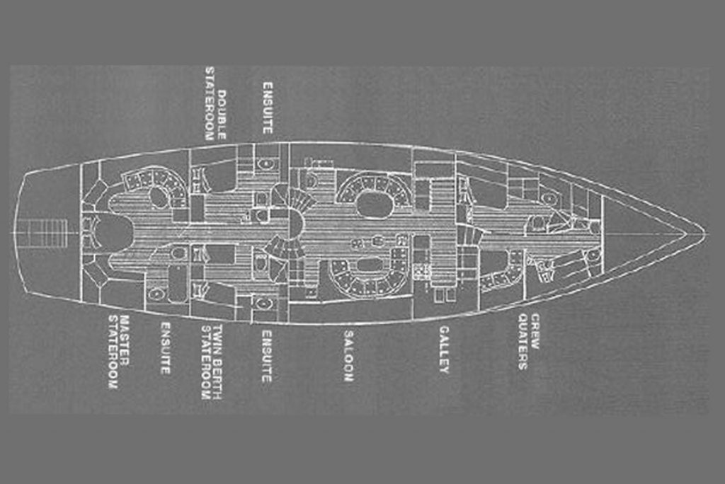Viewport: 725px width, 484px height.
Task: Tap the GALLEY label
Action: [x=444, y=350]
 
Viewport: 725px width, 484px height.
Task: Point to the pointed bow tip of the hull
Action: [x=704, y=230]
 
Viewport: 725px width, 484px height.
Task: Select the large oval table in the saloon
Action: [x=374, y=205]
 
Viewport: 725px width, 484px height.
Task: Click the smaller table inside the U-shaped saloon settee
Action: [x=370, y=265]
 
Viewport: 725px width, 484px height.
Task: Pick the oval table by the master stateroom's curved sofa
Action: [x=159, y=197]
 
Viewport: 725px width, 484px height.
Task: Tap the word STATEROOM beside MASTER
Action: [x=112, y=352]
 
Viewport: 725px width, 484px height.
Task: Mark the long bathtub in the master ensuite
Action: [x=177, y=283]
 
